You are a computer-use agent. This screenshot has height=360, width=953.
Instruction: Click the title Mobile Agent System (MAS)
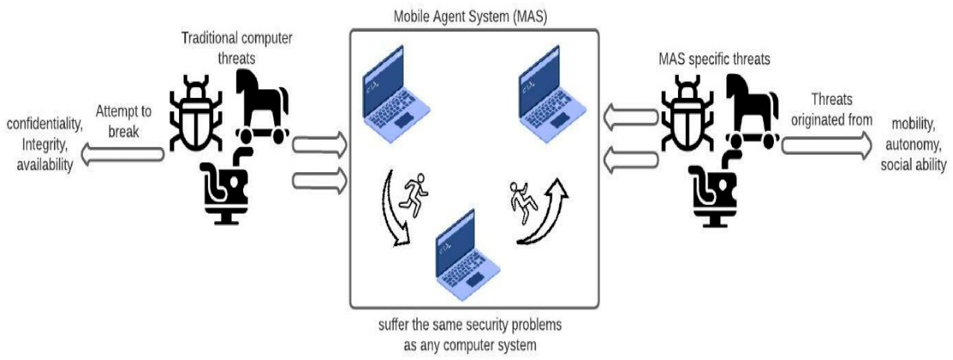(470, 17)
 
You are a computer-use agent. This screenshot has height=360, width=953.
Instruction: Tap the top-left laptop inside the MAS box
(395, 96)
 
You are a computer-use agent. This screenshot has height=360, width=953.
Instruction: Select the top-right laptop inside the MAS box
(551, 96)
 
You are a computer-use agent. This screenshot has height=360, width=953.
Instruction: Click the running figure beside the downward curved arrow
(414, 195)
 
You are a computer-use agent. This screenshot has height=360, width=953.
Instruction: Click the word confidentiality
(44, 124)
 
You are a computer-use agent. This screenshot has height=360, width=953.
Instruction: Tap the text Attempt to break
(123, 121)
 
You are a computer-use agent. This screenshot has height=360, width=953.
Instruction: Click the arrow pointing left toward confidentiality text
(122, 154)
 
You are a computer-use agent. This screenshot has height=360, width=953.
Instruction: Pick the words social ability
(913, 165)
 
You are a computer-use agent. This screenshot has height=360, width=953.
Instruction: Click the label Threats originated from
(832, 109)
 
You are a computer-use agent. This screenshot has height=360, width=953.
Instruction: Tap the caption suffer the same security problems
(470, 325)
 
